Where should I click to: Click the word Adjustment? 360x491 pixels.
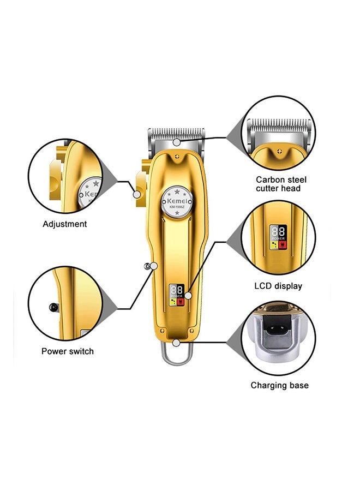(65, 224)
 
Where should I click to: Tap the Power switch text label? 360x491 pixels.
(68, 351)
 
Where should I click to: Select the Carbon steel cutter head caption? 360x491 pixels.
(281, 184)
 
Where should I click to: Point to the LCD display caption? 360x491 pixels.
(278, 286)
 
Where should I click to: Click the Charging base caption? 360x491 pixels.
(279, 385)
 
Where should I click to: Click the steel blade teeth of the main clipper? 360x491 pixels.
(176, 133)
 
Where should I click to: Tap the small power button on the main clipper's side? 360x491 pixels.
(147, 266)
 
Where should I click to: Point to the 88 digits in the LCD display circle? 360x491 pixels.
(279, 231)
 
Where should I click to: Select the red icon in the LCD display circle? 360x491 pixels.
(283, 245)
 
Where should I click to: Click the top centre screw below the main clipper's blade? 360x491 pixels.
(176, 156)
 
